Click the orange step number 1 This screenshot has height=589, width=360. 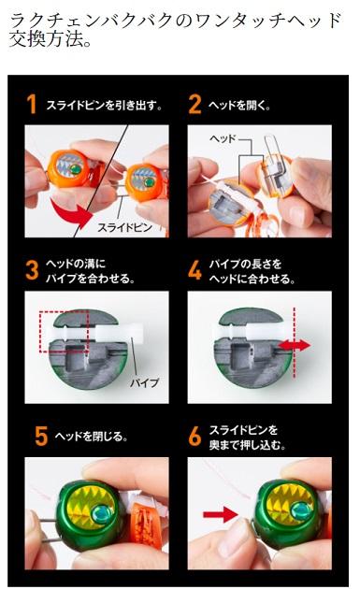point(32,104)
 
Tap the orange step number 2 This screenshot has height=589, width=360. point(194,104)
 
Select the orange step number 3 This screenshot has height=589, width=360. point(32,270)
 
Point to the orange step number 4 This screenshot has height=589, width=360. point(194,270)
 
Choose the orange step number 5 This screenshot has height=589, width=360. point(41,436)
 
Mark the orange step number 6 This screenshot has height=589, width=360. point(194,436)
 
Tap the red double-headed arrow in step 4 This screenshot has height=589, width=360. point(295,345)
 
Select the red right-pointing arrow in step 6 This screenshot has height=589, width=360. point(221,514)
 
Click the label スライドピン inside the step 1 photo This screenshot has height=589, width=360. point(124,227)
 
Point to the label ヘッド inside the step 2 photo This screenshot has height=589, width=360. point(223,138)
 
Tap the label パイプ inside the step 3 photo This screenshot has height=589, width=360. point(145,382)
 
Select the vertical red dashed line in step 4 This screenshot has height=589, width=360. point(295,342)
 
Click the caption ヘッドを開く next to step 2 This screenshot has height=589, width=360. point(239,105)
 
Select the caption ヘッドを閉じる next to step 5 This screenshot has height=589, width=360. point(91,437)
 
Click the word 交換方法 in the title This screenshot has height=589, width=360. point(46,38)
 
